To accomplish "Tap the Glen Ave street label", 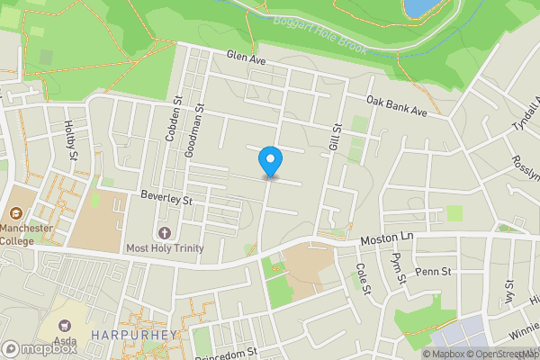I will pos(247,58).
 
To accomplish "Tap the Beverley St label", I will pos(167,196).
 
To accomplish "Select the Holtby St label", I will pos(70,142).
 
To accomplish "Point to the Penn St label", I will pos(433,270).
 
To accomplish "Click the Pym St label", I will pos(399,268).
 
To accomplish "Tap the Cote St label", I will pos(364,277).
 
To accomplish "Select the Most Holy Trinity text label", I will pos(165,248).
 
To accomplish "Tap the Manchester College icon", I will pos(16,214).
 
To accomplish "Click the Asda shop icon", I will pos(64,324).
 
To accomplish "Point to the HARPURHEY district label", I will pos(135,336).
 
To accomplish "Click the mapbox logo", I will pos(40,348).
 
